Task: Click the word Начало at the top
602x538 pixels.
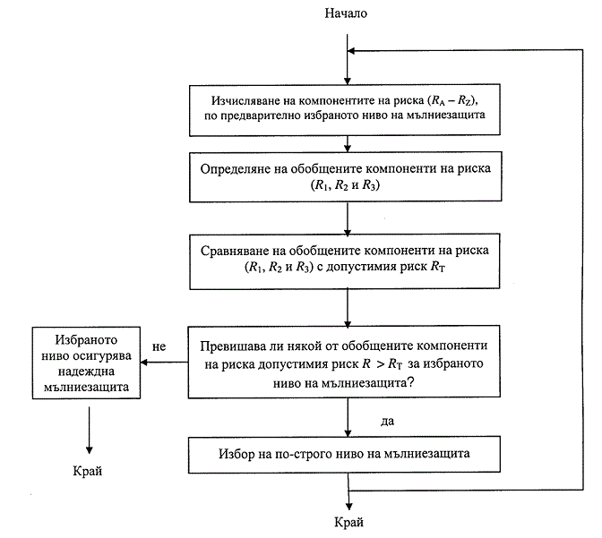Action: [348, 13]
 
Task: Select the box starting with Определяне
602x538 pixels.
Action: [348, 176]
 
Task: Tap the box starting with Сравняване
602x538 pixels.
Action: [348, 261]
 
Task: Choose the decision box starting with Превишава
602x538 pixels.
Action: [348, 362]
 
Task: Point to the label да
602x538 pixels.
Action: [387, 418]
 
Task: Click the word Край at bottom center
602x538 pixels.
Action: [348, 521]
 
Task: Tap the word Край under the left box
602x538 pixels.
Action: [90, 469]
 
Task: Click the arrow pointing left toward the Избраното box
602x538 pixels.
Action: [166, 363]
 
